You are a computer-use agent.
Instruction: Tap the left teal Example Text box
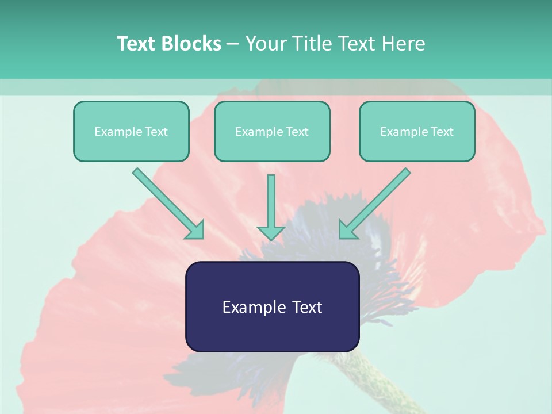pyautogui.click(x=131, y=132)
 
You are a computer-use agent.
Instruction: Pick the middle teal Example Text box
pyautogui.click(x=272, y=132)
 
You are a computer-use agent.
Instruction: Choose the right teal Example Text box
pyautogui.click(x=417, y=132)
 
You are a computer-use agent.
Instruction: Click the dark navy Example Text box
pyautogui.click(x=272, y=306)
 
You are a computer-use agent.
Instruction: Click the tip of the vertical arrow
pyautogui.click(x=271, y=237)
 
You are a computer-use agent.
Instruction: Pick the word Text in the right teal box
pyautogui.click(x=442, y=132)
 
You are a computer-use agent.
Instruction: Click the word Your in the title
pyautogui.click(x=265, y=44)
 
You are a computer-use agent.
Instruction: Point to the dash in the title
pyautogui.click(x=233, y=44)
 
